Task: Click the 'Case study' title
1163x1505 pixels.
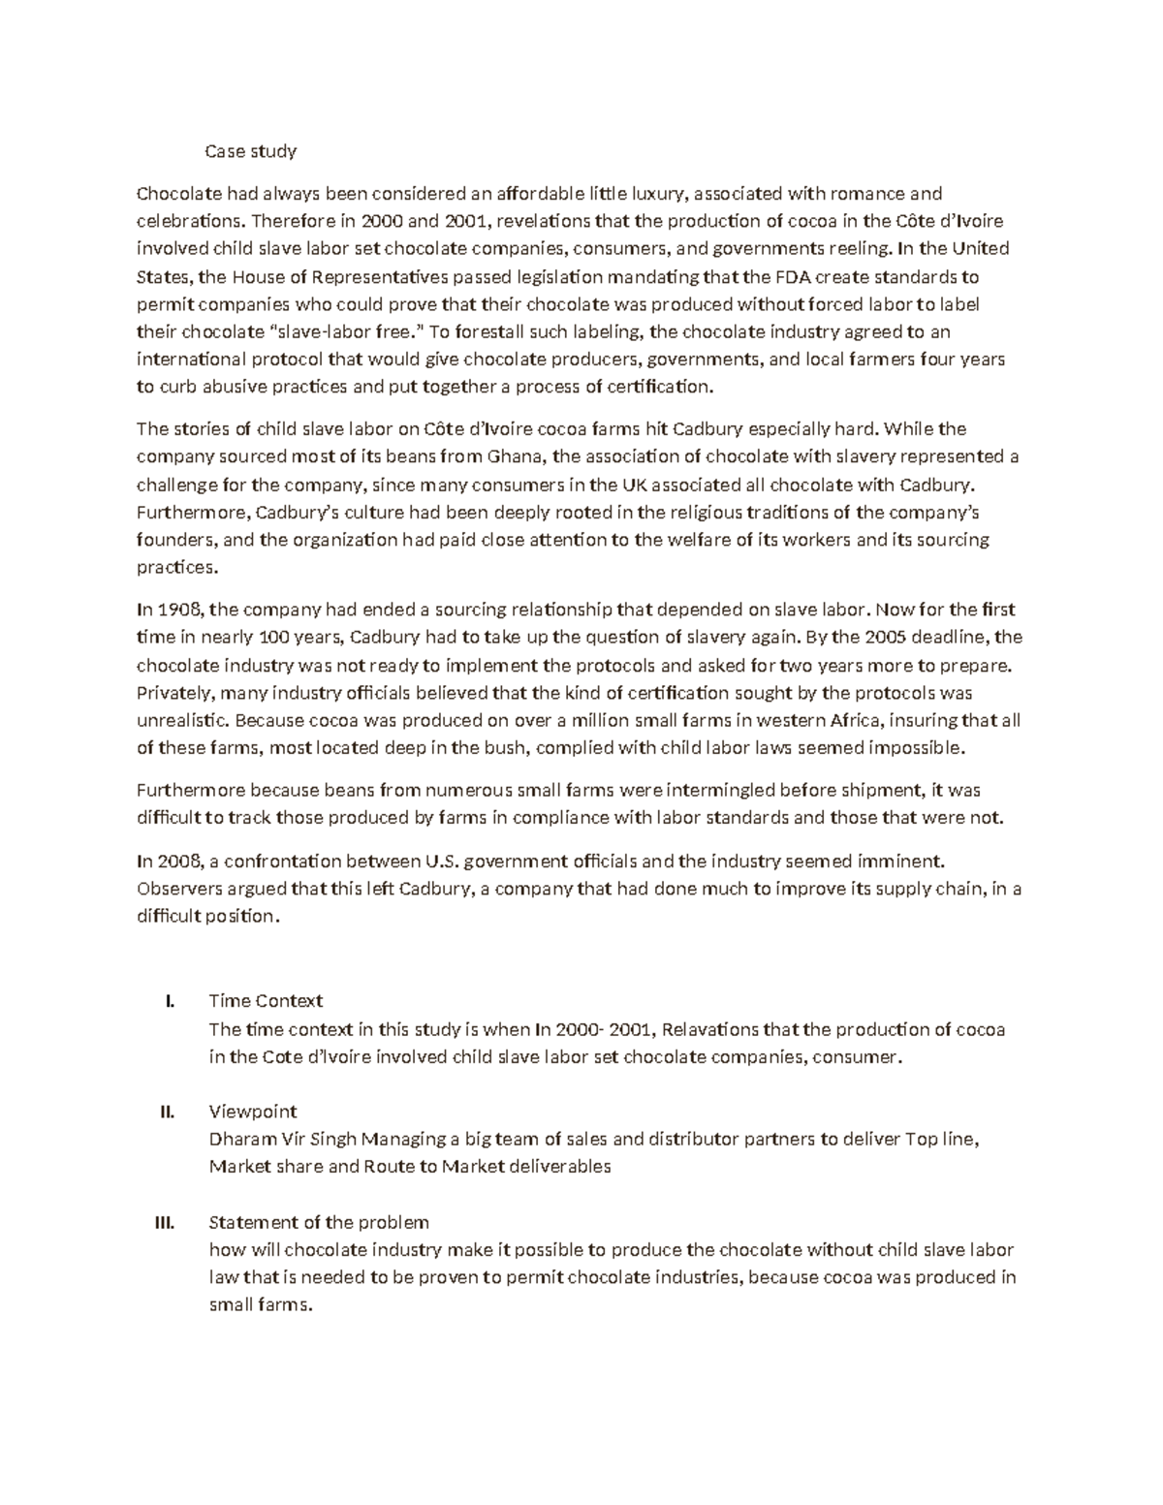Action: click(x=250, y=151)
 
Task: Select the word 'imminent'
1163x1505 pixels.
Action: click(x=903, y=860)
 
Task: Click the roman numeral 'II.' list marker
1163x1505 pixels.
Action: click(x=167, y=1112)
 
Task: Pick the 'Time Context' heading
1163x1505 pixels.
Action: click(x=266, y=1000)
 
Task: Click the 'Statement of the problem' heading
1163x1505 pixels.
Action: click(x=319, y=1222)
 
